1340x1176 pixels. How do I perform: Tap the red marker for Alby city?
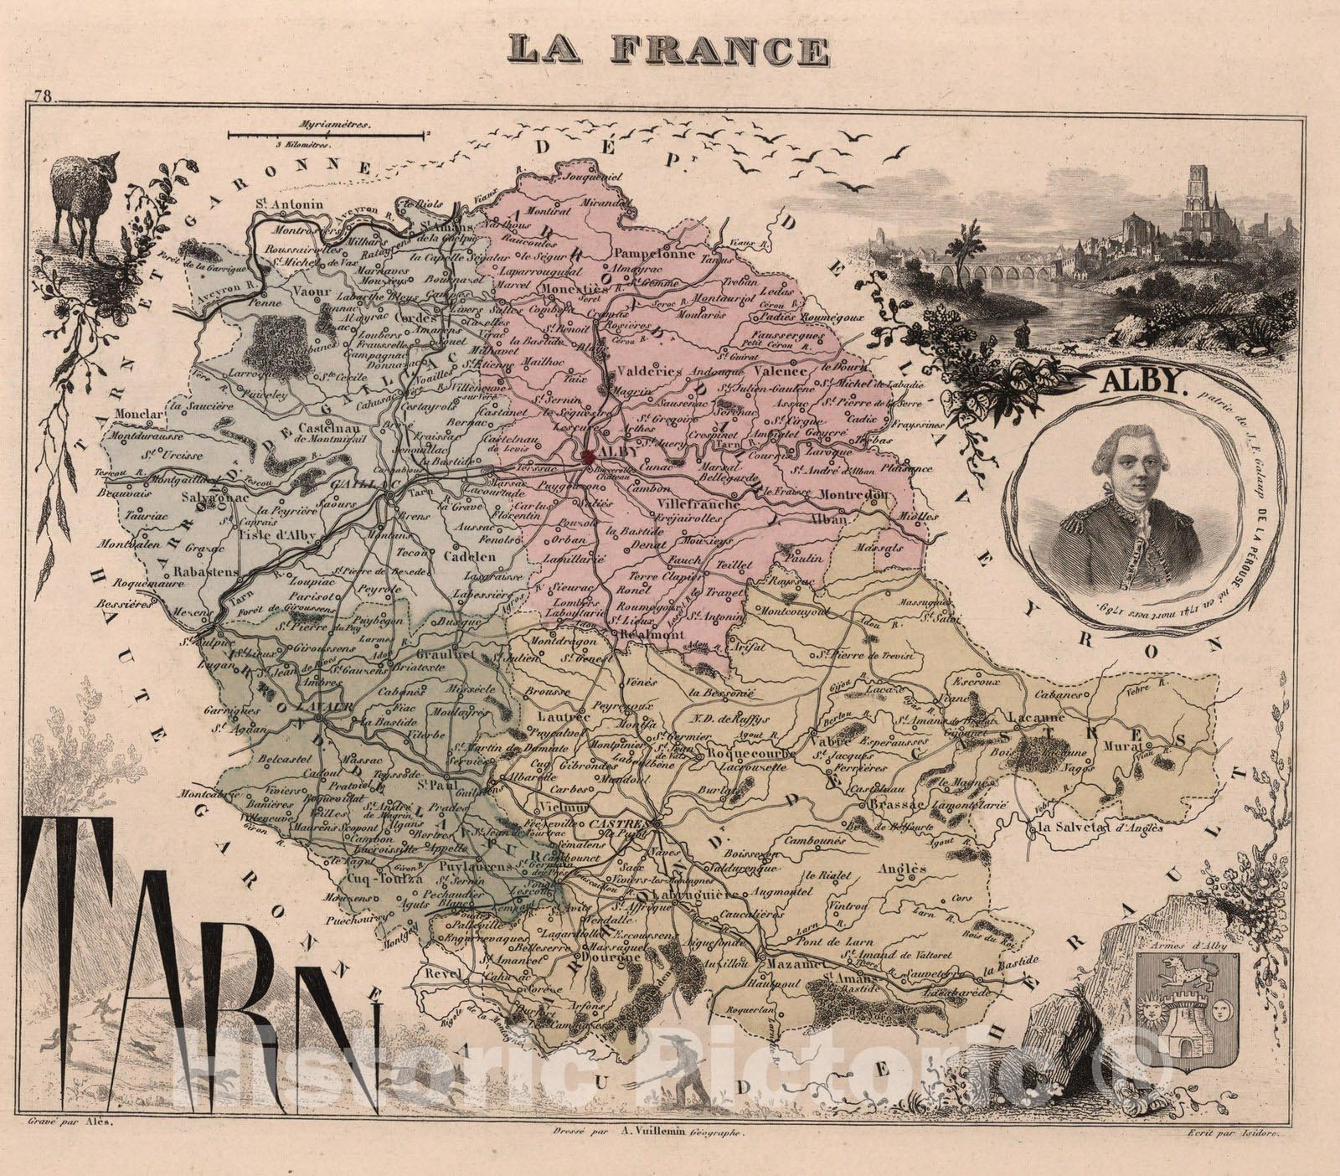pyautogui.click(x=589, y=455)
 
